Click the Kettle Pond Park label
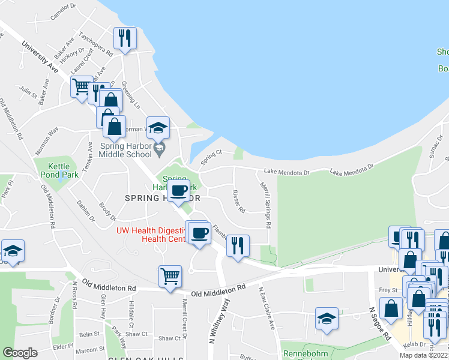55,170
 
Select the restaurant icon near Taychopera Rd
124,40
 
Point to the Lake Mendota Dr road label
289,172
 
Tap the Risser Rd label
238,202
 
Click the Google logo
20,353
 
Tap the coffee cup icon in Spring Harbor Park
178,191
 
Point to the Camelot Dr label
64,12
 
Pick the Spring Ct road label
211,157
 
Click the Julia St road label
28,91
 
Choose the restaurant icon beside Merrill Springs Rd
238,245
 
